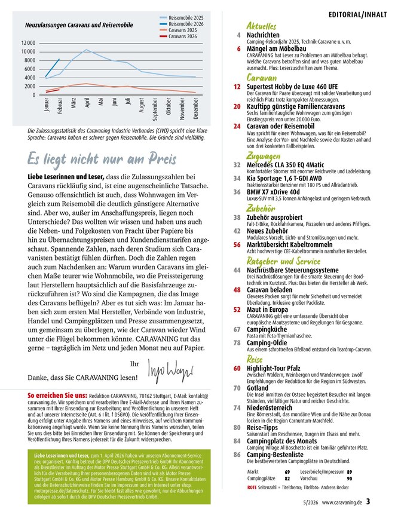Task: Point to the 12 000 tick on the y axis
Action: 28,43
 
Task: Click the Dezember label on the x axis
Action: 195,108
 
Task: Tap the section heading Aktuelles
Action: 261,26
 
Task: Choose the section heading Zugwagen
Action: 264,156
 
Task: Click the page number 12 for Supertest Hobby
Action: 237,87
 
